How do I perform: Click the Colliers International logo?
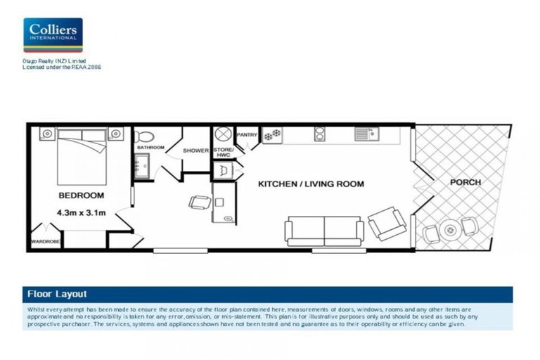[53, 35]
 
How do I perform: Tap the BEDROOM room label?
[81, 195]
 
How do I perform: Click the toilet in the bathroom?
[144, 136]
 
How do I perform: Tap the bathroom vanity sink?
[137, 167]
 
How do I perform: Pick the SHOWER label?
[196, 150]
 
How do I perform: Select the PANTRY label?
[247, 134]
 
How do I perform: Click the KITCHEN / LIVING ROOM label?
[311, 184]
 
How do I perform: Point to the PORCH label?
[465, 182]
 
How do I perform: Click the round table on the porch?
[448, 229]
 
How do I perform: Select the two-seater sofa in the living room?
[323, 230]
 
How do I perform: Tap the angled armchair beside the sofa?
[387, 224]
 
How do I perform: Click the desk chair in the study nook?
[199, 202]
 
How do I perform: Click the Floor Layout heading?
[57, 294]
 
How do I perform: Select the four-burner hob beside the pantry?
[271, 134]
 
